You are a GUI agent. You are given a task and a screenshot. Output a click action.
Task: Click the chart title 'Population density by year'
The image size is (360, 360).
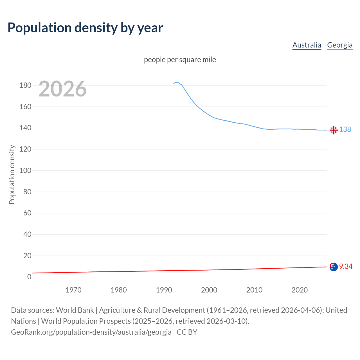[x=85, y=28]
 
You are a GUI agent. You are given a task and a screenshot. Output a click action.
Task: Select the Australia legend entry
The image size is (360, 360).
[x=307, y=45]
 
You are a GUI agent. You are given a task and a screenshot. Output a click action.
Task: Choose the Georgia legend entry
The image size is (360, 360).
[x=340, y=45]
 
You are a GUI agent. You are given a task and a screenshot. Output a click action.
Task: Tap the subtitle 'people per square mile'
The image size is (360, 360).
[x=180, y=60]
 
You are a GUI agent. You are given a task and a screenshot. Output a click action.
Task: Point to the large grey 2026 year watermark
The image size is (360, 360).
[x=62, y=89]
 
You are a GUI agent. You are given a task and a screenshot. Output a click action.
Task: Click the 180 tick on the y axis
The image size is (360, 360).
[x=25, y=85]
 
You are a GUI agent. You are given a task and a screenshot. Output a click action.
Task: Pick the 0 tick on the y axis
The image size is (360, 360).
[x=29, y=277]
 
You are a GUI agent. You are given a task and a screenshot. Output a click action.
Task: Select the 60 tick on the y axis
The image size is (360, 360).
[x=27, y=213]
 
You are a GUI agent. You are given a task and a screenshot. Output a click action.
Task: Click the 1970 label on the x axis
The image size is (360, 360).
[x=73, y=290]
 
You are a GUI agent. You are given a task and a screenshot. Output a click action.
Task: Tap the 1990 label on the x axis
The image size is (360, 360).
[x=164, y=290]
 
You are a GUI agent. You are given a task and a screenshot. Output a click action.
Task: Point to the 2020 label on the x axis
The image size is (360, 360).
[x=300, y=290]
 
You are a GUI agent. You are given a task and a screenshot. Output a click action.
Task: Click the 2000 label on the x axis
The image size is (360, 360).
[x=209, y=290]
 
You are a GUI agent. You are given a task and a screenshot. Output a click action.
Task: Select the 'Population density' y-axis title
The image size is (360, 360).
[x=12, y=174]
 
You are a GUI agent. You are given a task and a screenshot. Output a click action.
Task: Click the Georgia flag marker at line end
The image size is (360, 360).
[x=334, y=130]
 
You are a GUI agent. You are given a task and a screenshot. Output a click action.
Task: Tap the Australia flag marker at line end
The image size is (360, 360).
[x=334, y=267]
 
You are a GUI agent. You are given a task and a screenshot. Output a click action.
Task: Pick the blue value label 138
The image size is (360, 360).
[x=345, y=129]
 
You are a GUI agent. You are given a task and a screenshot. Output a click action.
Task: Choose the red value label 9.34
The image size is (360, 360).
[x=346, y=266]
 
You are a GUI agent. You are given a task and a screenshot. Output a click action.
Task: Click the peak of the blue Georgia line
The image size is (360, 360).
[x=177, y=82]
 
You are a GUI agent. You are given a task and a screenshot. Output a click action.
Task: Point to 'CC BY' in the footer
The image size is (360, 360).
[x=187, y=332]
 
